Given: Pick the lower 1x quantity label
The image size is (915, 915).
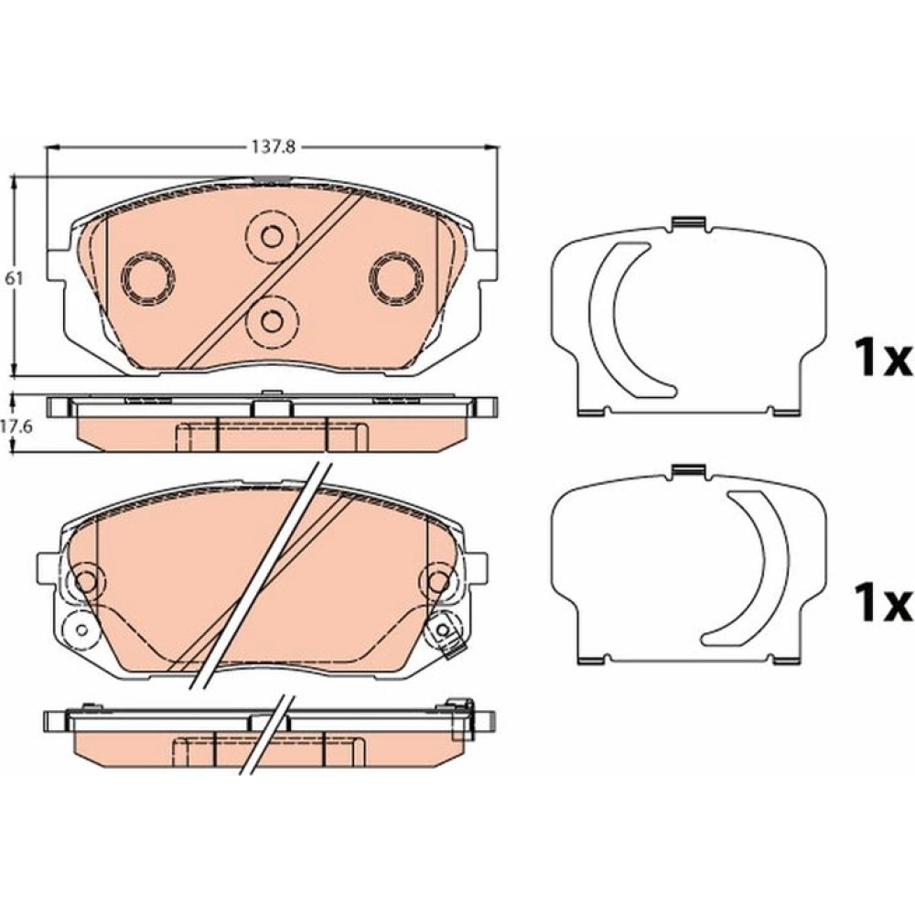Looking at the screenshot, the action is (882, 602).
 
